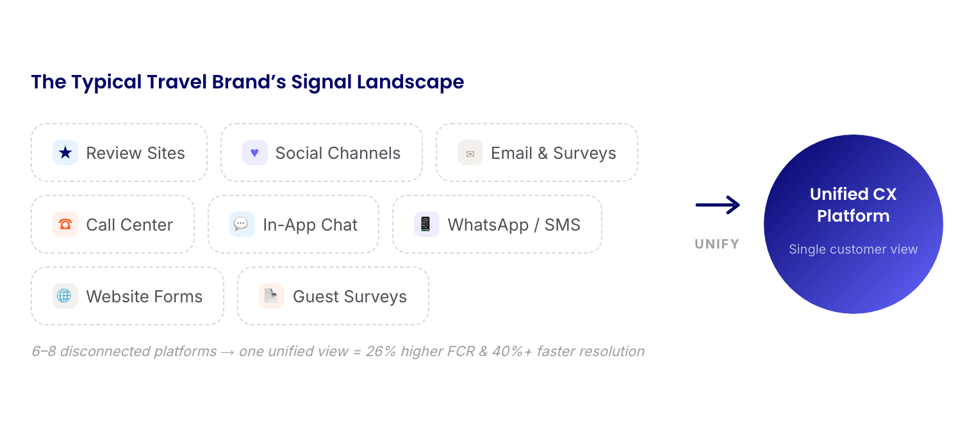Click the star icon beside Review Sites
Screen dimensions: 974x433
coord(65,152)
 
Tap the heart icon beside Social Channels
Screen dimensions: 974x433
coord(255,152)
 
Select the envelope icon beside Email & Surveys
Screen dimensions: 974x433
coord(470,154)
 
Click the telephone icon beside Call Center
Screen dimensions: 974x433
coord(65,224)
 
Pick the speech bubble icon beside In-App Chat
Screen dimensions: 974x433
coord(241,224)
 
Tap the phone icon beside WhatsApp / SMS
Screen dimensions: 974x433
coord(425,224)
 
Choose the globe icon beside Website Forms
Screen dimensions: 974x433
coord(64,296)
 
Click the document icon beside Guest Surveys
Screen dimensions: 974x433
coord(271,296)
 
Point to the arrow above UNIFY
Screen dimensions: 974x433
coord(718,205)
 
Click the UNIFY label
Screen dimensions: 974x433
coord(717,244)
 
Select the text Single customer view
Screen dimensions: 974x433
coord(853,249)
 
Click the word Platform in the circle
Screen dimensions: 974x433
coord(853,216)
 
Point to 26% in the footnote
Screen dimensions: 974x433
coord(381,351)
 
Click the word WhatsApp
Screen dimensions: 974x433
coord(488,225)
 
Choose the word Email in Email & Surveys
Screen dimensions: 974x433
coord(511,153)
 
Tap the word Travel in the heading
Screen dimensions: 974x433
coord(177,82)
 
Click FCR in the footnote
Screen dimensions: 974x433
coord(461,351)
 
